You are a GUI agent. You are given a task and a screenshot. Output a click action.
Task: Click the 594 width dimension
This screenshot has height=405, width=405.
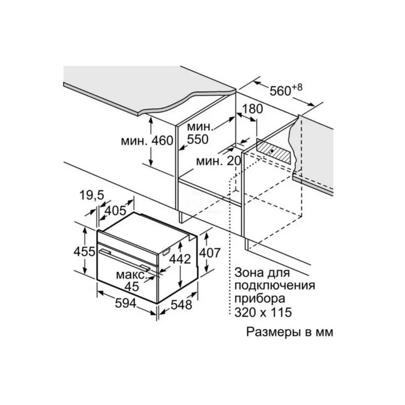pyautogui.click(x=126, y=303)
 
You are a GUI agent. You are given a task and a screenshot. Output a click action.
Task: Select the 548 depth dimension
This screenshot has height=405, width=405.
pyautogui.click(x=181, y=305)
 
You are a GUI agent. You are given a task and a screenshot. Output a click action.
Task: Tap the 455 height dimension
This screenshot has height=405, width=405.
pyautogui.click(x=84, y=252)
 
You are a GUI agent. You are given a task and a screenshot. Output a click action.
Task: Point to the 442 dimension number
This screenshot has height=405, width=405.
pyautogui.click(x=180, y=259)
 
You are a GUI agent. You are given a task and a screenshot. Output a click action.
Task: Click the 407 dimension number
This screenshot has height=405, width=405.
pyautogui.click(x=210, y=253)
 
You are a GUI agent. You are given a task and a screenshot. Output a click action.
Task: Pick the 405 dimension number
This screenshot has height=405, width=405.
pyautogui.click(x=115, y=211)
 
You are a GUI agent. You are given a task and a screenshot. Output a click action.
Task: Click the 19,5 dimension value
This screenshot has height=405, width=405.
pyautogui.click(x=92, y=195)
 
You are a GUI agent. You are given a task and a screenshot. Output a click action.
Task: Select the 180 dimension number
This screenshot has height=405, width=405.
pyautogui.click(x=252, y=109)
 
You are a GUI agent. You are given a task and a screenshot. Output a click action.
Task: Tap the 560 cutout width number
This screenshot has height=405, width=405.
pyautogui.click(x=281, y=91)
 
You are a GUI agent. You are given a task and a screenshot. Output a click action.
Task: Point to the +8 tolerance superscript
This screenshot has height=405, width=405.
pyautogui.click(x=297, y=87)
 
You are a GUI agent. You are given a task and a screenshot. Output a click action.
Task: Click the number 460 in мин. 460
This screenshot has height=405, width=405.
pyautogui.click(x=162, y=141)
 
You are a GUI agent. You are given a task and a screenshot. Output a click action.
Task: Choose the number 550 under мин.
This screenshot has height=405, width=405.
pyautogui.click(x=198, y=139)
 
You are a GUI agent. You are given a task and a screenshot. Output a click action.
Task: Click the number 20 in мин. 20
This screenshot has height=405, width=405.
pyautogui.click(x=234, y=161)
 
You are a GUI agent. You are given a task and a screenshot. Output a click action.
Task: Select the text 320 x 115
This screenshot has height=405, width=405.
pyautogui.click(x=263, y=312)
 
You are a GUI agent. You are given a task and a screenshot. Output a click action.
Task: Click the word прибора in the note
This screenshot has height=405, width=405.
pyautogui.click(x=260, y=299)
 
